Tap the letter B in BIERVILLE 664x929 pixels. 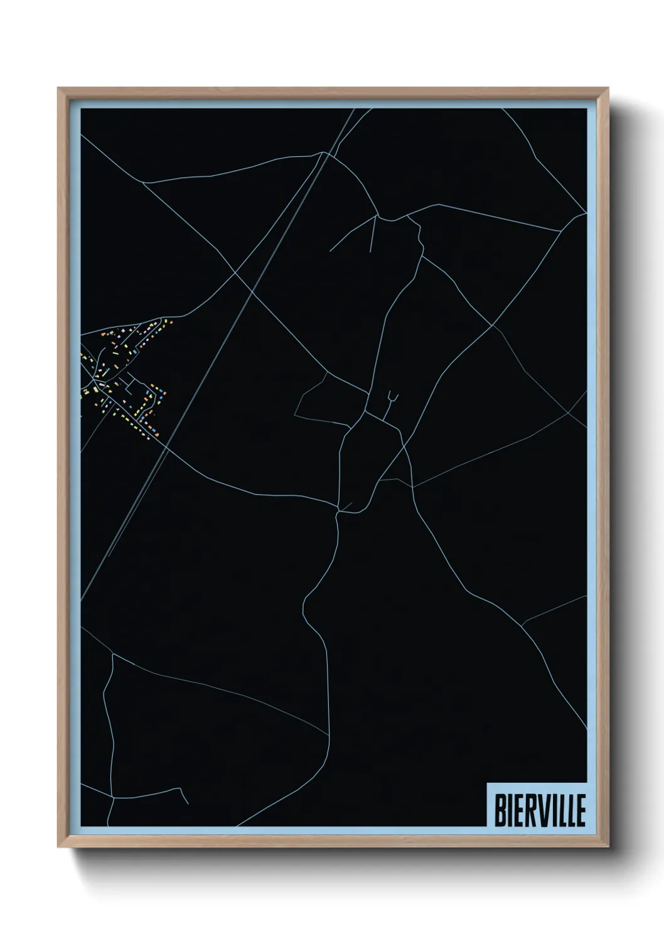click(500, 811)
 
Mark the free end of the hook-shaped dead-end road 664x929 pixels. click(188, 802)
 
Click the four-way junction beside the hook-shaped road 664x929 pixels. click(114, 798)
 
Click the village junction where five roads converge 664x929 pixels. click(95, 381)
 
